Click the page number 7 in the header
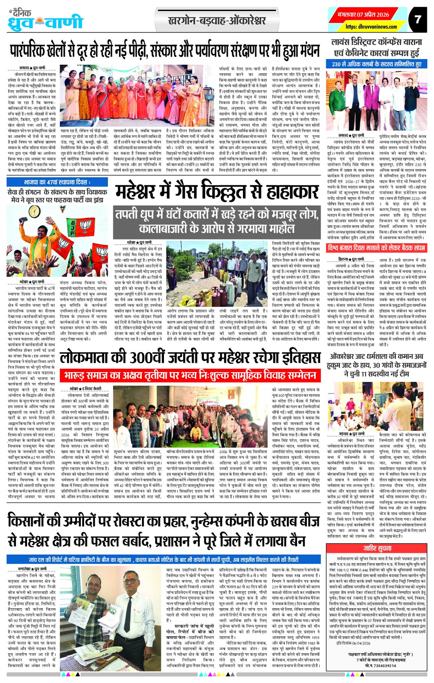[417, 19]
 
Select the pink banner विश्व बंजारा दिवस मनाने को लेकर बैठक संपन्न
[376, 248]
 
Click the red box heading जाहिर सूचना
[377, 548]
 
